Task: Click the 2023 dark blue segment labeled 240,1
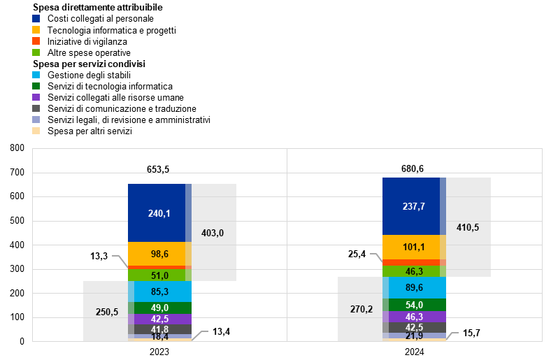[159, 213]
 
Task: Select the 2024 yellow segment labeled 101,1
[414, 247]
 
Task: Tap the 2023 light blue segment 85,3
[159, 291]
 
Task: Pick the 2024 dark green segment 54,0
[414, 305]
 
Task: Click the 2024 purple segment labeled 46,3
[414, 317]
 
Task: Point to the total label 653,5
[158, 169]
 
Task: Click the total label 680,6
[413, 168]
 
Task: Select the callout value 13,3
[99, 256]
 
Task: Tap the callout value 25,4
[357, 254]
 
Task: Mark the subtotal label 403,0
[213, 233]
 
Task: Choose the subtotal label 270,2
[362, 309]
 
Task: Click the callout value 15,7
[471, 333]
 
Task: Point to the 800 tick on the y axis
[17, 148]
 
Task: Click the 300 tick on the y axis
[17, 269]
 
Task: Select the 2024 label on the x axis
[415, 352]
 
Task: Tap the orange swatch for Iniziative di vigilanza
[36, 41]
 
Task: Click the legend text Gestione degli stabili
[90, 75]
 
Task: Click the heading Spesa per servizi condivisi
[90, 64]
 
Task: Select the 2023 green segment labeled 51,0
[159, 275]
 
